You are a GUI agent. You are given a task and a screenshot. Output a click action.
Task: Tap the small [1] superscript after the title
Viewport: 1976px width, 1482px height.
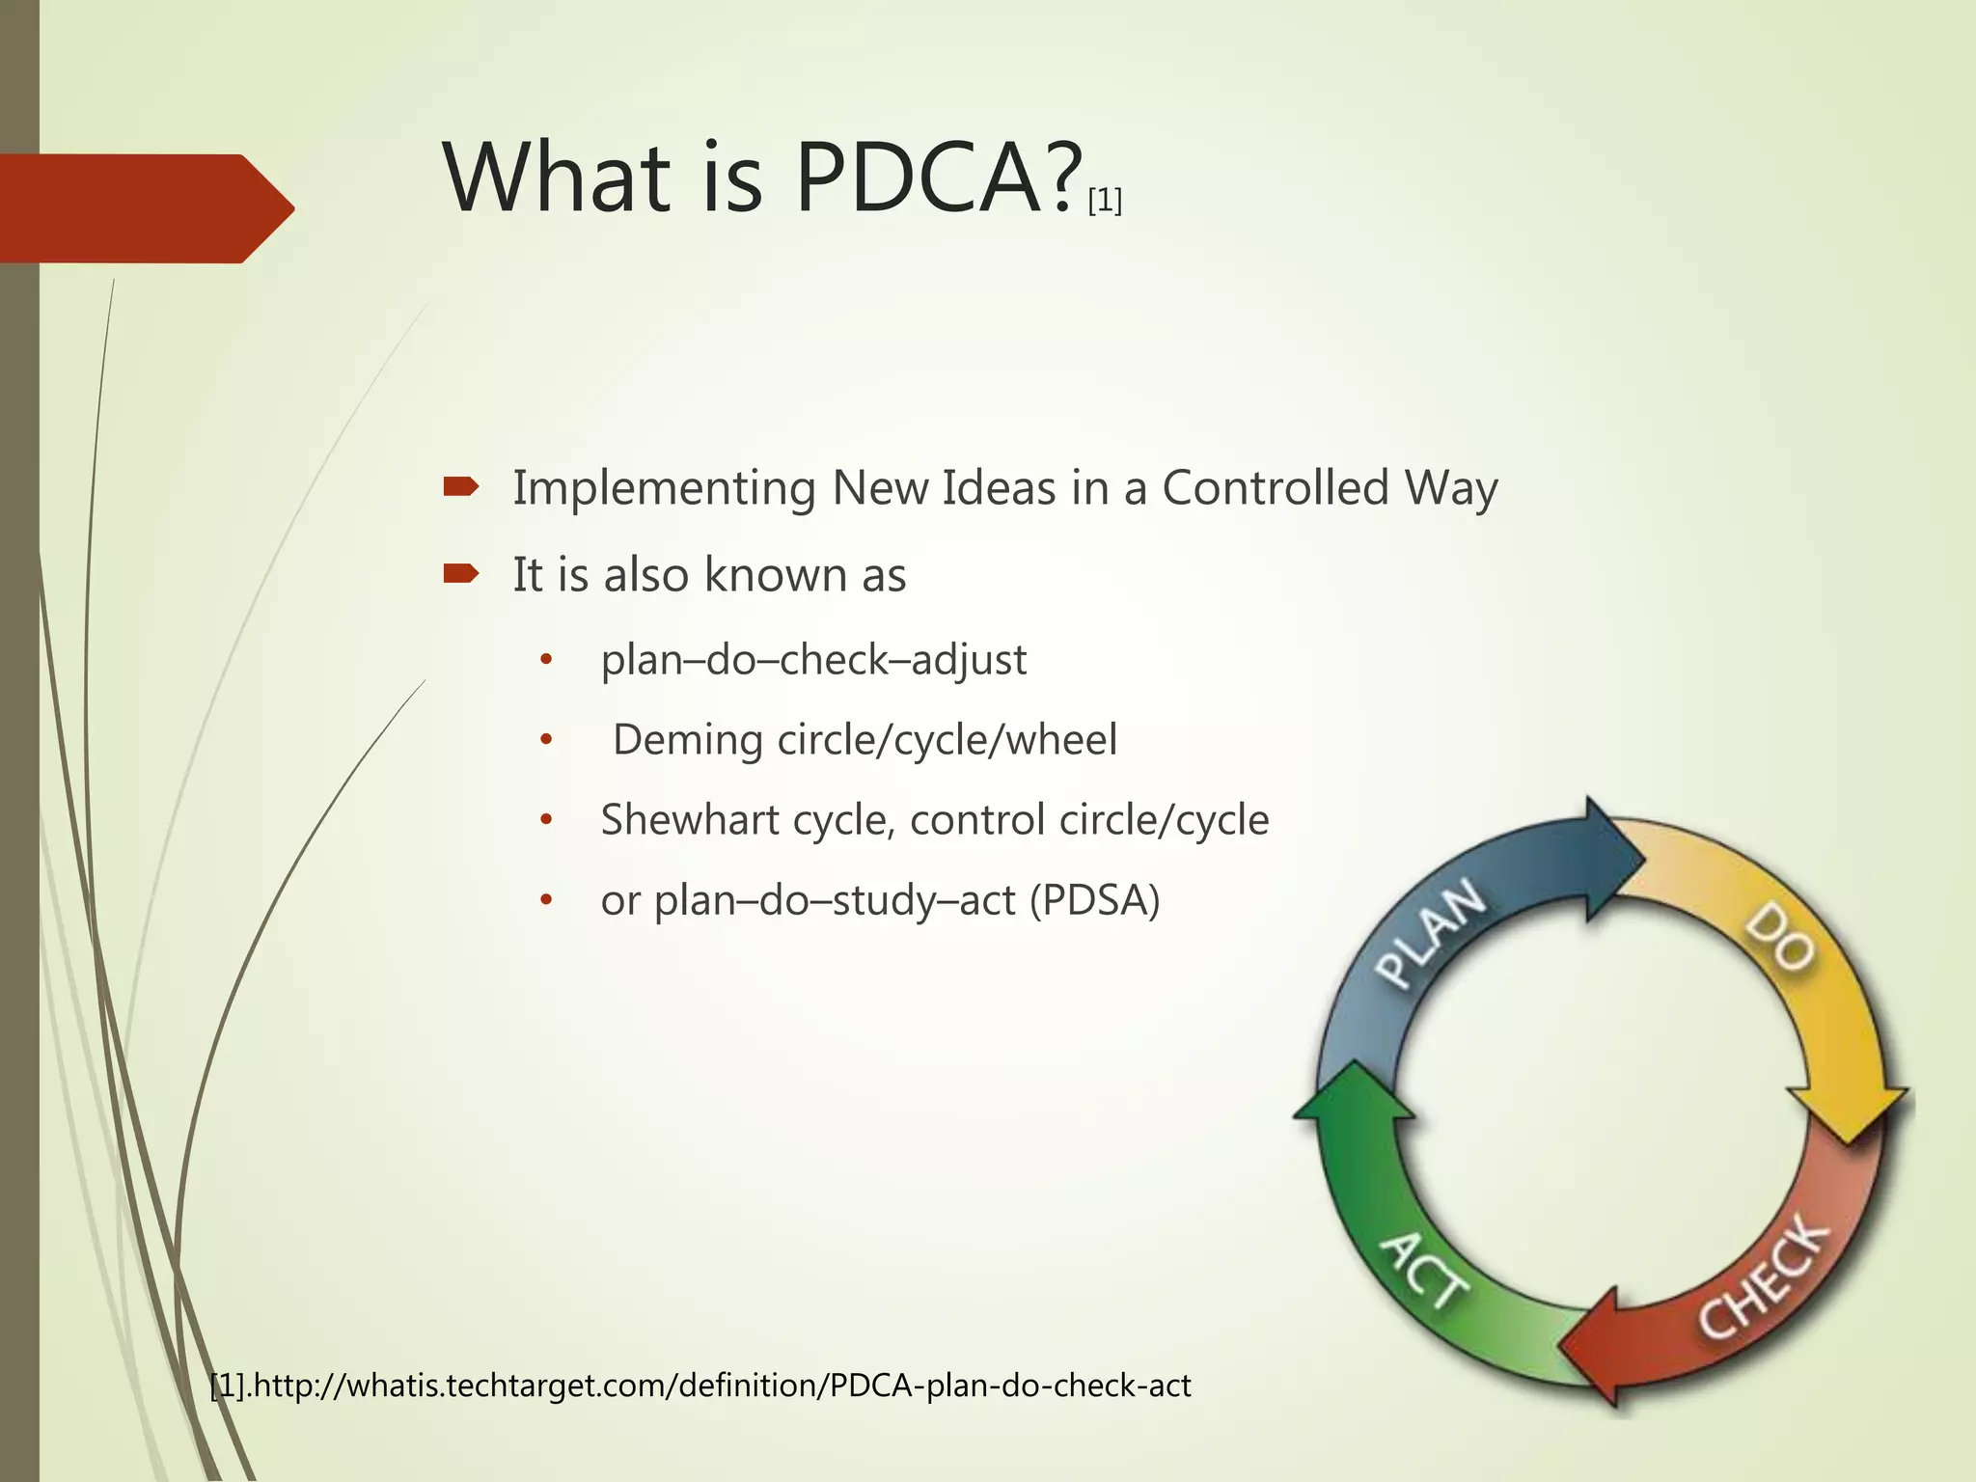click(1105, 202)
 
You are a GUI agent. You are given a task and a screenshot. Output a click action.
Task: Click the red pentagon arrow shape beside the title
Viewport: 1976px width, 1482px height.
click(145, 208)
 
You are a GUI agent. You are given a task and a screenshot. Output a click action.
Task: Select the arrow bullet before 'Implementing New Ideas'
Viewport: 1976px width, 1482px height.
click(461, 487)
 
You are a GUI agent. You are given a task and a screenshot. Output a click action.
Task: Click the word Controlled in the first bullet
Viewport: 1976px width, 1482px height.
click(1275, 487)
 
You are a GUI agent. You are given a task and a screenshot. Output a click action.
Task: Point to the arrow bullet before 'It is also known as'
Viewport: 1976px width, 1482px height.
click(461, 575)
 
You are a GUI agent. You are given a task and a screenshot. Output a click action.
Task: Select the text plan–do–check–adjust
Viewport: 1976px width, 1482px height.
click(813, 661)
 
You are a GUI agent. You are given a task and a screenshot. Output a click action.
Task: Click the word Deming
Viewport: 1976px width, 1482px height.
click(688, 741)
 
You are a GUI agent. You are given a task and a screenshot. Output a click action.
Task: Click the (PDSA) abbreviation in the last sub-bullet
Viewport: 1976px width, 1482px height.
click(1094, 901)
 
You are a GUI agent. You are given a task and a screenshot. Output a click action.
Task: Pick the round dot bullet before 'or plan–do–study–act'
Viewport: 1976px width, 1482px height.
click(546, 901)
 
